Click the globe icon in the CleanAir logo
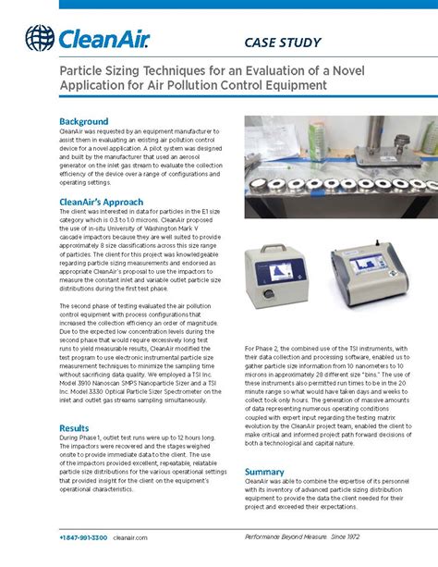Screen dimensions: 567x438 (x=40, y=37)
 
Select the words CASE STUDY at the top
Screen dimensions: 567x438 (x=282, y=42)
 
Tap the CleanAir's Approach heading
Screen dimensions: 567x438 (x=102, y=202)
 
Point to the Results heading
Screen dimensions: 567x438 (x=74, y=428)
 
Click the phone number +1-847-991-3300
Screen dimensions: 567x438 (x=82, y=537)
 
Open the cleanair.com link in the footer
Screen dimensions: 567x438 (x=130, y=537)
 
